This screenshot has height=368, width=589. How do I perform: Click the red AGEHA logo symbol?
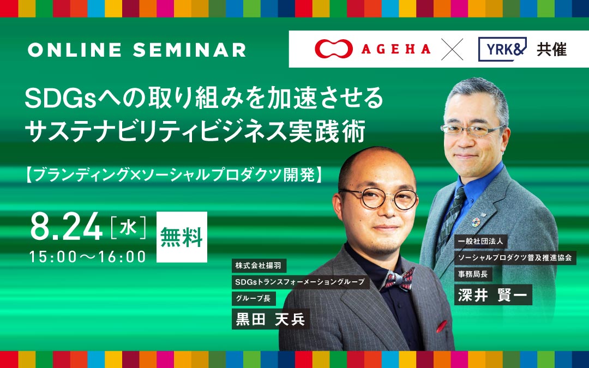click(x=334, y=49)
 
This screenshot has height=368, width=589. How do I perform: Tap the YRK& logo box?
click(x=502, y=49)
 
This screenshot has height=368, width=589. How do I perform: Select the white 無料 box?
click(x=182, y=237)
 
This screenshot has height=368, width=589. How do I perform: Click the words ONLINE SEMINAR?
click(x=137, y=50)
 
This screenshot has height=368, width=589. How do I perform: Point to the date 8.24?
click(x=66, y=226)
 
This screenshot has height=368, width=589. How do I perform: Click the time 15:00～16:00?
click(x=87, y=256)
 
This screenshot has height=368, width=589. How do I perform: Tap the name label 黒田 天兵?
click(x=271, y=319)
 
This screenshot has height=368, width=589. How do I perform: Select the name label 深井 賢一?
click(x=493, y=295)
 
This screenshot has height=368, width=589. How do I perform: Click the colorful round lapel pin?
click(x=476, y=221)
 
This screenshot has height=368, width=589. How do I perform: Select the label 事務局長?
click(x=473, y=274)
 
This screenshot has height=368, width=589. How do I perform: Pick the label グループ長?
click(x=254, y=299)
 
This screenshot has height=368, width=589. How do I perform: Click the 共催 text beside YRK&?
click(x=551, y=49)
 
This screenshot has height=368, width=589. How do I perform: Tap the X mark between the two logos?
click(x=452, y=49)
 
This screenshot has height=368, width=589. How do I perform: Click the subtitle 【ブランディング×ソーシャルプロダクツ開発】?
click(x=174, y=174)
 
